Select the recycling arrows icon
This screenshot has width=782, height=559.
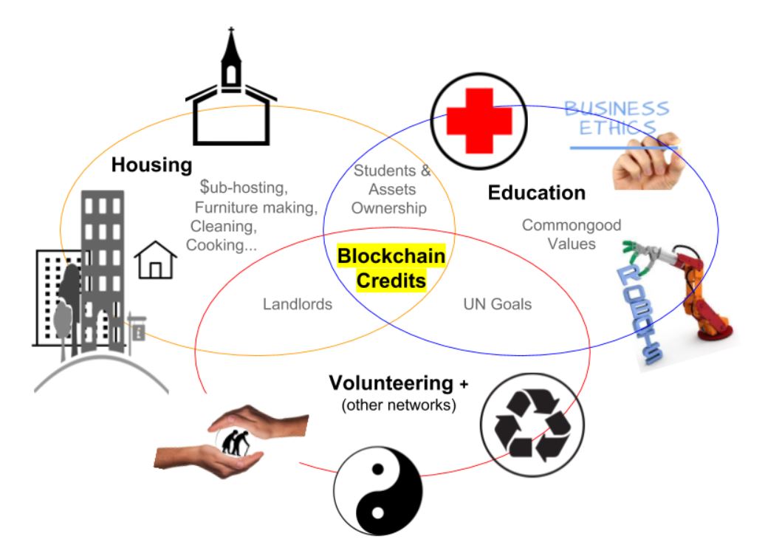click(x=532, y=424)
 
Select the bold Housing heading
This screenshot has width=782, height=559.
click(x=151, y=165)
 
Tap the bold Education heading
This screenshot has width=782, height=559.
click(x=537, y=193)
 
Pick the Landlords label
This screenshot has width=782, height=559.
click(x=297, y=303)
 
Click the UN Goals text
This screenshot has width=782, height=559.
click(x=498, y=303)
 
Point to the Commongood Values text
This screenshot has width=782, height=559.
click(x=572, y=234)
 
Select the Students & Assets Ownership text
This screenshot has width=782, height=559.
click(x=389, y=190)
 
